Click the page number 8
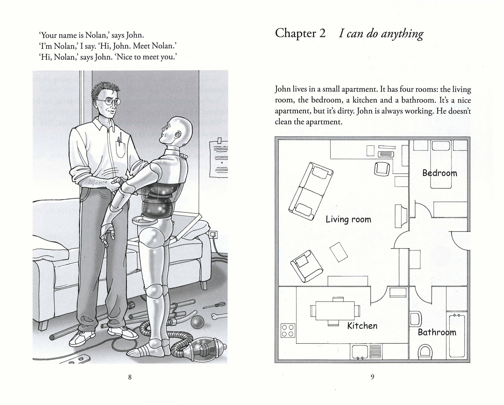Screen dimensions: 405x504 [130, 377]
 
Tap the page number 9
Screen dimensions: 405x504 [372, 377]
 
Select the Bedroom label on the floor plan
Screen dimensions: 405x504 [439, 173]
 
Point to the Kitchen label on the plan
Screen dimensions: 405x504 [362, 326]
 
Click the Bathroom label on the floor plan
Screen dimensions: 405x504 [437, 332]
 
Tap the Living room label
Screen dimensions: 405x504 [348, 219]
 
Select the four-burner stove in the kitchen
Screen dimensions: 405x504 [288, 331]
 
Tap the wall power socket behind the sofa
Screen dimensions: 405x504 [213, 235]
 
